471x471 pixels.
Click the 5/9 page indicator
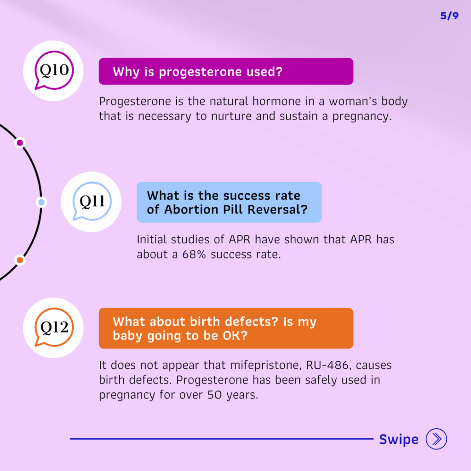[x=449, y=16]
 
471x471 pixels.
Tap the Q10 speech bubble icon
[x=54, y=70]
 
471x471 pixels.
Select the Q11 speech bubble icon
[x=92, y=201]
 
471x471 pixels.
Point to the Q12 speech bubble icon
[x=54, y=327]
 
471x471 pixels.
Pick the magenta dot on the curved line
[x=20, y=143]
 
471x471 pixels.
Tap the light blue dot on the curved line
[x=41, y=202]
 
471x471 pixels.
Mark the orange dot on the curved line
[x=20, y=260]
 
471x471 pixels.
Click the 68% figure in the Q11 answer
[x=194, y=254]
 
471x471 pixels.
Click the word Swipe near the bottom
[x=399, y=439]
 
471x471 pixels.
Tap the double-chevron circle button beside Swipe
[x=436, y=439]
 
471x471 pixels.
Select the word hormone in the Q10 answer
[x=276, y=101]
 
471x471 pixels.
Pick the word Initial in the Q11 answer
[x=152, y=239]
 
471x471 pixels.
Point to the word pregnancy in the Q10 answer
[x=362, y=117]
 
